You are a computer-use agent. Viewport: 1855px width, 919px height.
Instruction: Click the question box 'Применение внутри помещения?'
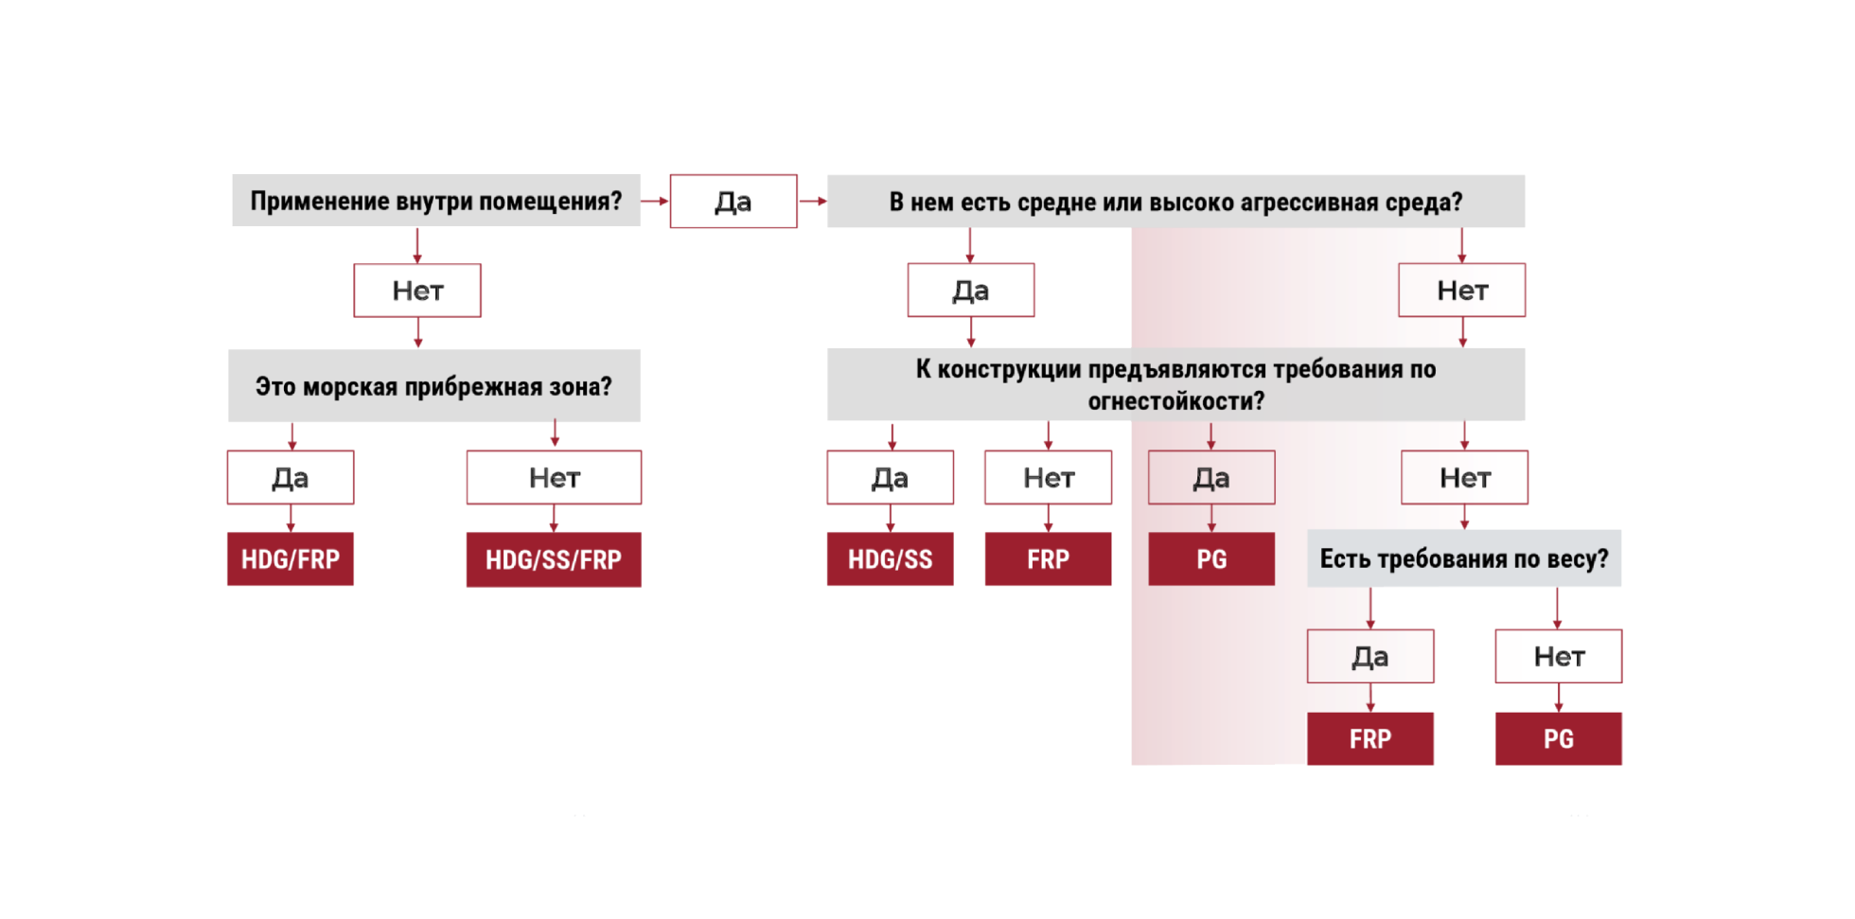pos(436,201)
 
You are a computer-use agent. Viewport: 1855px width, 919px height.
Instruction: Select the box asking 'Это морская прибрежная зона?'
pos(434,386)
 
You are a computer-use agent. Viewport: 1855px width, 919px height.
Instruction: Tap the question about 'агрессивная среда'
pos(1175,202)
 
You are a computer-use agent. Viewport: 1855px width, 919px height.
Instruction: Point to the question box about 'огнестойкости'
pos(1175,385)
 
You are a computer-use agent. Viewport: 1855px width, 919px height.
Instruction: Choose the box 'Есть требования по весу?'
pos(1463,558)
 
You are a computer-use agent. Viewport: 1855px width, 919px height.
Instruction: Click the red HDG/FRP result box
pos(291,559)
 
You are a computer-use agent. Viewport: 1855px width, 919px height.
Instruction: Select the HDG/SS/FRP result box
pos(554,559)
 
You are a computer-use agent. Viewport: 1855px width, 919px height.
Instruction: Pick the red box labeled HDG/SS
pos(890,559)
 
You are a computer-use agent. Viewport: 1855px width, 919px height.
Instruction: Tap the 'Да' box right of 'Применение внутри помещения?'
pos(733,202)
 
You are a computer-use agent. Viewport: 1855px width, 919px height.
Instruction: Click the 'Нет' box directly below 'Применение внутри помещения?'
pos(417,291)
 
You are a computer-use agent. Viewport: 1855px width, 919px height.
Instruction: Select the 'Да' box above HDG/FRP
pos(291,478)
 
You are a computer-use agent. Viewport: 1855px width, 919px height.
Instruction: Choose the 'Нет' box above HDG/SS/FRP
pos(554,478)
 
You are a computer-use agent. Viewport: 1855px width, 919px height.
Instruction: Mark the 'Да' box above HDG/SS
pos(890,478)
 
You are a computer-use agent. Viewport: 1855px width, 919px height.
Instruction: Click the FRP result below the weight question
pos(1370,739)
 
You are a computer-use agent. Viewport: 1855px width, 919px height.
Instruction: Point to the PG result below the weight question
pos(1559,739)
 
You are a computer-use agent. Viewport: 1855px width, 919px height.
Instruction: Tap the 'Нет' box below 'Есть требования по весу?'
pos(1559,657)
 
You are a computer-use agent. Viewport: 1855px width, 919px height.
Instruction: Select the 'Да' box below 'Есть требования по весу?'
pos(1370,657)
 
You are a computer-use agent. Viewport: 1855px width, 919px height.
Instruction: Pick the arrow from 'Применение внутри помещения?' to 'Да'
pos(655,202)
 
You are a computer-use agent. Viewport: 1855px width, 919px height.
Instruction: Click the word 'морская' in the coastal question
pos(350,387)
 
